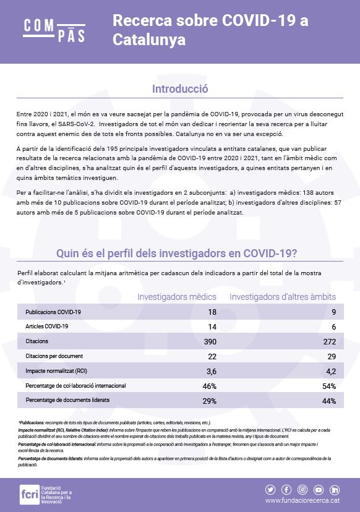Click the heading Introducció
point(179,89)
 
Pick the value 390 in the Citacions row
point(210,341)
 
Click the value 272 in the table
point(329,341)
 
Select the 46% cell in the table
point(210,386)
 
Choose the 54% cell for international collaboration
point(330,386)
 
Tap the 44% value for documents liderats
point(330,401)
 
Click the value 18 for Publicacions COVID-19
point(212,312)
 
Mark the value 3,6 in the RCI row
point(210,371)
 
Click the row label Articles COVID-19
point(47,326)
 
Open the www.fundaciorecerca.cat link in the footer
point(303,500)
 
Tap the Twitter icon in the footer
point(271,489)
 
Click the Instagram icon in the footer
point(303,489)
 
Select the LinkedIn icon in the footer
point(335,489)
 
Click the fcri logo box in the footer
point(28,494)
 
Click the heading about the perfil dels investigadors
point(179,253)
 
